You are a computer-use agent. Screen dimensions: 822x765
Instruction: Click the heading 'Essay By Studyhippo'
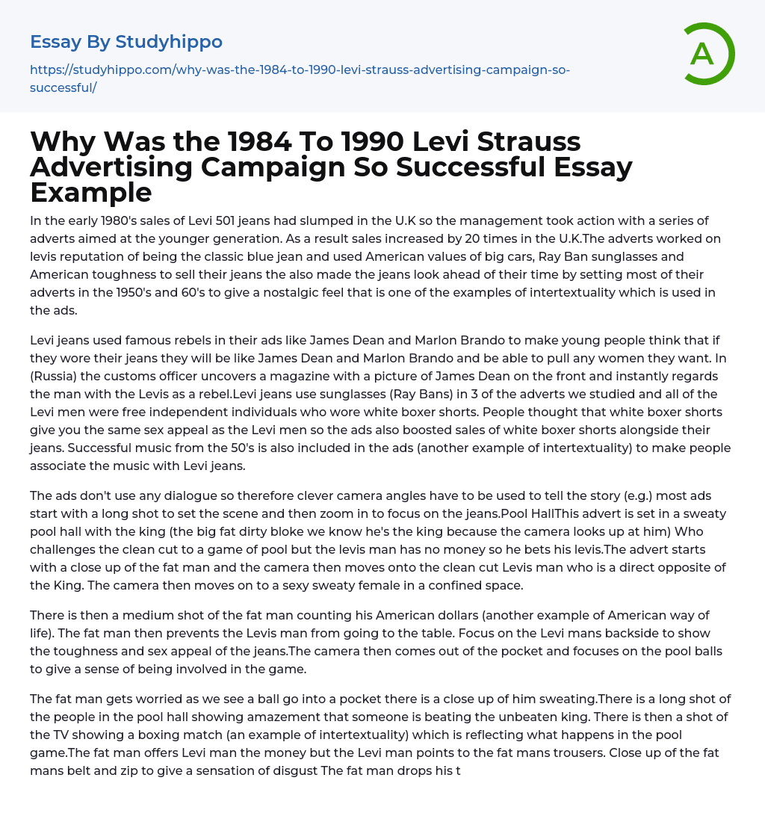click(x=126, y=42)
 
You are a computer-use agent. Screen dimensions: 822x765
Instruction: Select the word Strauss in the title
click(x=512, y=142)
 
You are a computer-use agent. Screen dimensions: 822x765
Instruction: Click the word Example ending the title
click(x=91, y=193)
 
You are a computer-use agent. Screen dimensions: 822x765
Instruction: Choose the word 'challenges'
click(x=64, y=550)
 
